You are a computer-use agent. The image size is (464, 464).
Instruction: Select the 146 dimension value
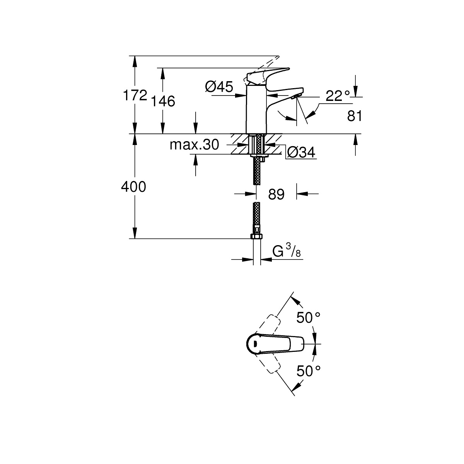tap(163, 101)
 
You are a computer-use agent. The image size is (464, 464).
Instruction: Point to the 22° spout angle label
tap(337, 96)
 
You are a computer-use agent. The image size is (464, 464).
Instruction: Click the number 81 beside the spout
tap(354, 116)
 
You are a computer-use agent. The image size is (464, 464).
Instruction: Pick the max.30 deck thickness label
tap(194, 145)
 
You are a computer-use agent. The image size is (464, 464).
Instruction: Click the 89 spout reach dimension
tap(276, 194)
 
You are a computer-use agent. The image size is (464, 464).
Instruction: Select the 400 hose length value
tap(133, 188)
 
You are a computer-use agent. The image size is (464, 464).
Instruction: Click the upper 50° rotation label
tap(308, 318)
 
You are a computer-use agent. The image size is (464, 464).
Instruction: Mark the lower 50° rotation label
tap(308, 371)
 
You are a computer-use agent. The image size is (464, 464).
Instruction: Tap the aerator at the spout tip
tap(297, 96)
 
